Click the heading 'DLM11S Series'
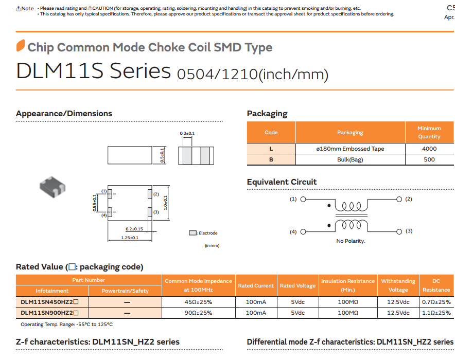(93, 71)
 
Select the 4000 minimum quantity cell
(429, 149)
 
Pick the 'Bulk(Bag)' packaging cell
(350, 159)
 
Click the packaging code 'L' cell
(271, 149)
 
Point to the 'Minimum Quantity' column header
(429, 132)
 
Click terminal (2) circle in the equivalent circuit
(398, 199)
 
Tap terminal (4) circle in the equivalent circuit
(303, 231)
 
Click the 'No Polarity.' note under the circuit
(351, 241)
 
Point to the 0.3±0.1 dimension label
(187, 133)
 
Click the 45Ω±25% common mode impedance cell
(198, 302)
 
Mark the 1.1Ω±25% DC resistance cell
(436, 313)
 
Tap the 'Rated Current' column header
(256, 285)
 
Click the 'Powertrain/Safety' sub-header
(125, 291)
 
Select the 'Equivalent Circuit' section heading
(282, 182)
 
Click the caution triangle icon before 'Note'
(19, 9)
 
